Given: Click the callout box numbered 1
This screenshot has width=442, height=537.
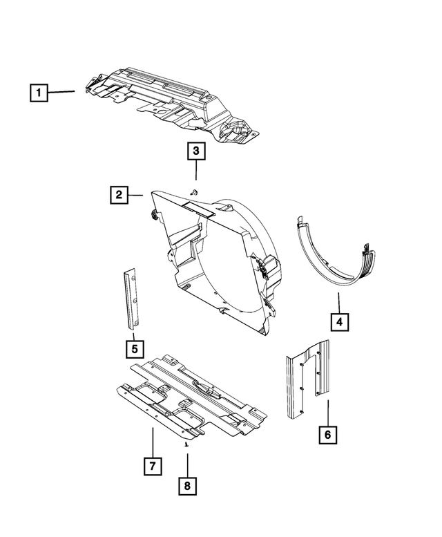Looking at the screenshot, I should click(x=39, y=92).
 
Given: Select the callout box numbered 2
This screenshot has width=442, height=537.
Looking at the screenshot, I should click(x=119, y=196).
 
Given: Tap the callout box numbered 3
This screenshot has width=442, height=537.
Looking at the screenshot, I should click(x=195, y=150).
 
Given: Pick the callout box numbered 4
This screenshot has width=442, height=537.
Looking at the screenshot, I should click(x=339, y=321).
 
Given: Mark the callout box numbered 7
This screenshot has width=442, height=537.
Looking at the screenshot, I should click(x=152, y=466).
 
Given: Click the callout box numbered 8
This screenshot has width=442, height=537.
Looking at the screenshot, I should click(x=186, y=486).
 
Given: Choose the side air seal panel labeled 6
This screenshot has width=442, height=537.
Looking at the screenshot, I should click(x=307, y=384).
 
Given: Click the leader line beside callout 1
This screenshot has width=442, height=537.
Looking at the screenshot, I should click(x=64, y=91).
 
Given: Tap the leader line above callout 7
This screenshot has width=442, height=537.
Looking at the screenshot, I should click(x=152, y=442).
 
